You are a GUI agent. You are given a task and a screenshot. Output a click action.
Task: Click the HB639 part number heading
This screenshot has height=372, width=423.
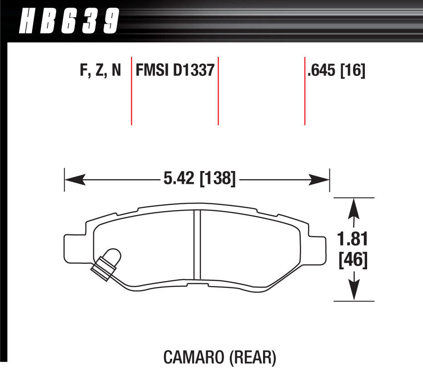click(x=69, y=21)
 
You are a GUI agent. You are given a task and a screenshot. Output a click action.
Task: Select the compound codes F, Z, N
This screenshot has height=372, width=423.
click(x=100, y=70)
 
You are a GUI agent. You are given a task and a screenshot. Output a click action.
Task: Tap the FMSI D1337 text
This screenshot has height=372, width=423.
click(x=175, y=70)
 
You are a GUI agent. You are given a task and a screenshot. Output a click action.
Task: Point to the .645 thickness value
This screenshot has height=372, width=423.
click(x=321, y=70)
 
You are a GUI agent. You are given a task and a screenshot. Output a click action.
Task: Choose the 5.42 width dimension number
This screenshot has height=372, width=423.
click(x=179, y=178)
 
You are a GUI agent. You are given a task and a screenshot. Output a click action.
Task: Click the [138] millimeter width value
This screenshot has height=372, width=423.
click(x=218, y=178)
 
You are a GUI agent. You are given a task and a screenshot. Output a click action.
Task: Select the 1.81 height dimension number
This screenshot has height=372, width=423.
click(x=353, y=239)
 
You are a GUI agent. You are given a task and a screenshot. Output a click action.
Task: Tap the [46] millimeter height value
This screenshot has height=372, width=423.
click(x=353, y=260)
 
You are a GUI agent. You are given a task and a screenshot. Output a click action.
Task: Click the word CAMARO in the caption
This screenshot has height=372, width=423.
click(x=194, y=357)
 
